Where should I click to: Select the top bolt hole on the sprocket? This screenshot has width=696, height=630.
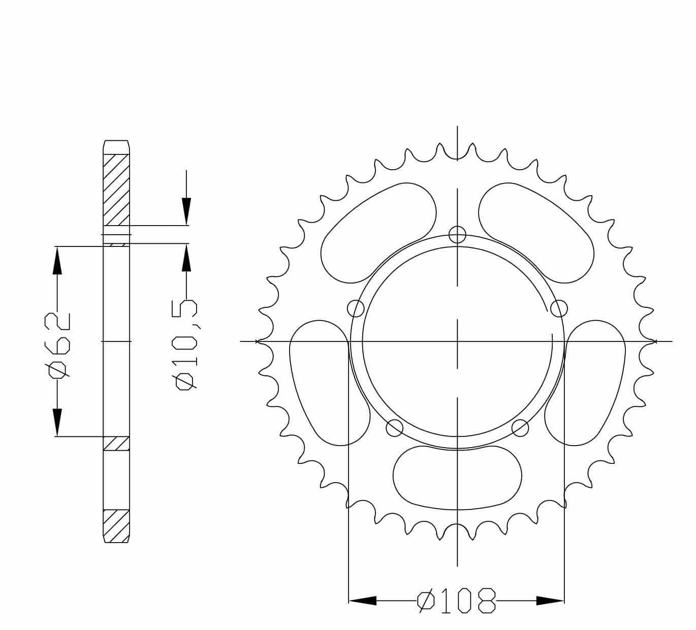(457, 235)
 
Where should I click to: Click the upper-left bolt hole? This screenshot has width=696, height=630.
(356, 308)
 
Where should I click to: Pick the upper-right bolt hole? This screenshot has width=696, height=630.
(559, 308)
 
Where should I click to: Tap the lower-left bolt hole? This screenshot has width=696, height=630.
(395, 428)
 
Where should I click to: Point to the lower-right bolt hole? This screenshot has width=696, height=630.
(520, 428)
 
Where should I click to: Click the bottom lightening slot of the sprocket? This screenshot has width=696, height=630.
(457, 478)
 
